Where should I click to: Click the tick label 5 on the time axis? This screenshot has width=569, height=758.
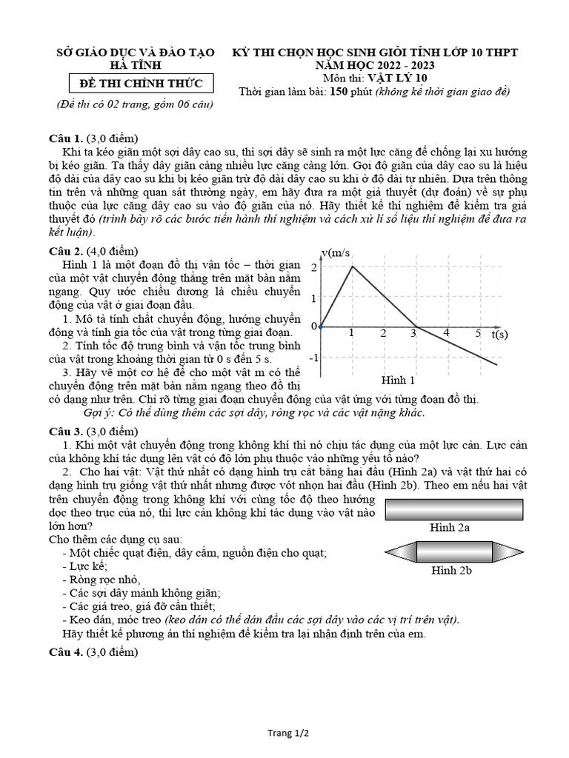tap(478, 333)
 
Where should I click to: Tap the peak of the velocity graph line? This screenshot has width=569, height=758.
tap(352, 266)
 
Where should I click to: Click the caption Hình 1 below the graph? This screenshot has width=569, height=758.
tap(398, 380)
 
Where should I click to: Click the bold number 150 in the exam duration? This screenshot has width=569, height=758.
tap(344, 92)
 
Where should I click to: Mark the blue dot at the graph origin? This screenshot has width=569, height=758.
tap(320, 326)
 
